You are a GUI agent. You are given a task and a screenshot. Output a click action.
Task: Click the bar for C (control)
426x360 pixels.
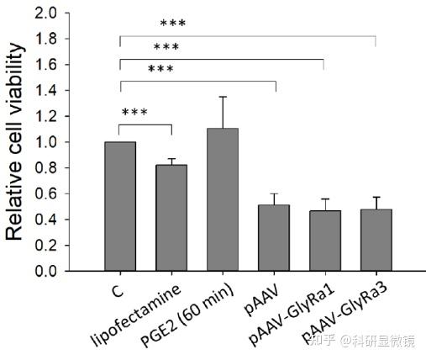coord(120,206)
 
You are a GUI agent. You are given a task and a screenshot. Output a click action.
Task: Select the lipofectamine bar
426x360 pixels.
coord(171,218)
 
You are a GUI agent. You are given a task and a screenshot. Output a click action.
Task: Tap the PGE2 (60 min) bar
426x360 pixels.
coord(223,199)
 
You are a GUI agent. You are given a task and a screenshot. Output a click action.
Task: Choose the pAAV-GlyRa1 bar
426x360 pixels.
coord(324,241)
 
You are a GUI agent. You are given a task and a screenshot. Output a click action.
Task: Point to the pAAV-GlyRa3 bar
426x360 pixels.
coord(376,240)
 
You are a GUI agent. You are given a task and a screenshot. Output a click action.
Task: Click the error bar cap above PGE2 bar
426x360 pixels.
coord(223,97)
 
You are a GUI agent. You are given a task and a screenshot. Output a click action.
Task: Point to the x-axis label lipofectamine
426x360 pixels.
coord(134,318)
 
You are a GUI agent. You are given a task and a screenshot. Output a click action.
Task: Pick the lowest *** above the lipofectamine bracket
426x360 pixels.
coord(135,113)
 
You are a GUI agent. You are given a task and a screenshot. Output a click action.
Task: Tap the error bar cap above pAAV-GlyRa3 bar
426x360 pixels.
coord(376,197)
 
